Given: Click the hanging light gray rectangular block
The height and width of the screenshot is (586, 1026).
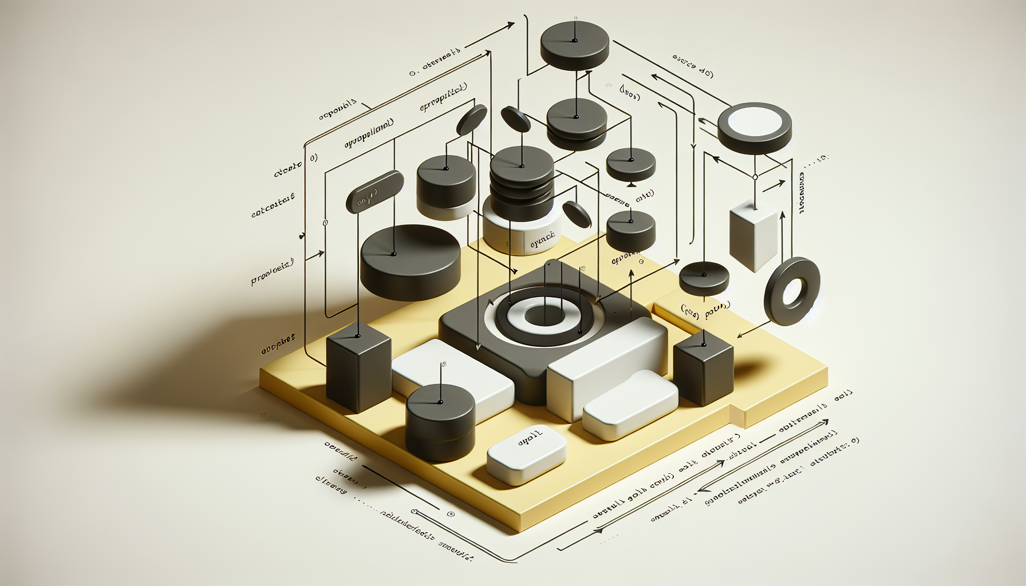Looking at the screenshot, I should tap(753, 235).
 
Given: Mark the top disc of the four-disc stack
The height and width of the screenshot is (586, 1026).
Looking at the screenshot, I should tap(522, 164).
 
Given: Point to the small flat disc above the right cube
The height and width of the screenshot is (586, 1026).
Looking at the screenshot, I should tap(704, 277).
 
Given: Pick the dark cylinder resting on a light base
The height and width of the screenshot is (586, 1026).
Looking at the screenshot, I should tap(446, 183).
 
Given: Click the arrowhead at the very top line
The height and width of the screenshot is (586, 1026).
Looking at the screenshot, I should tap(509, 25).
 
